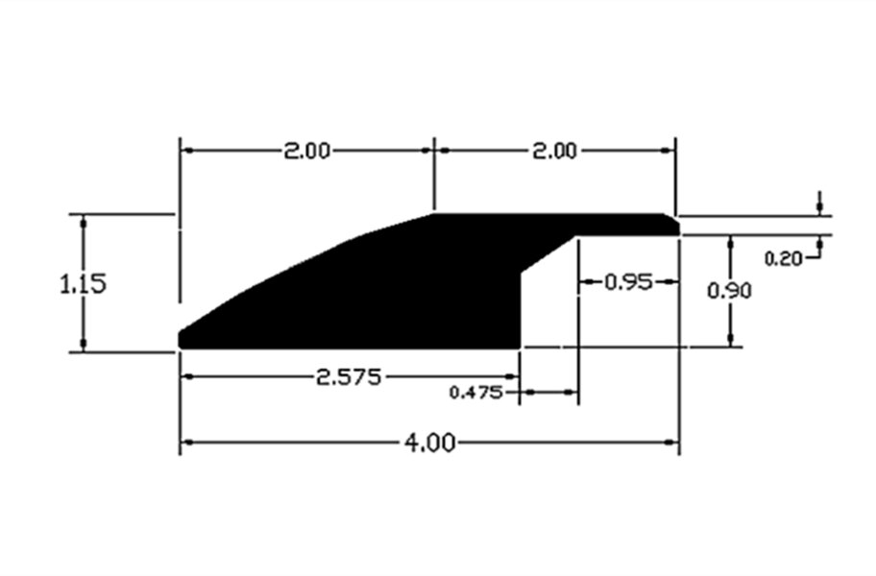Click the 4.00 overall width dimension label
click(x=429, y=444)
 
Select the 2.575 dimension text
click(x=349, y=378)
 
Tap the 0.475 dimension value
click(x=476, y=393)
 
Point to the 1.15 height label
click(x=83, y=284)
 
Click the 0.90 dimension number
click(x=730, y=291)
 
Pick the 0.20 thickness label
click(x=783, y=258)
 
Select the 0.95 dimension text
click(x=628, y=282)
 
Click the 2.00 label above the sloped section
click(x=306, y=152)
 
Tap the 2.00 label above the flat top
click(x=553, y=152)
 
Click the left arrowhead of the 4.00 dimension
click(x=187, y=443)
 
